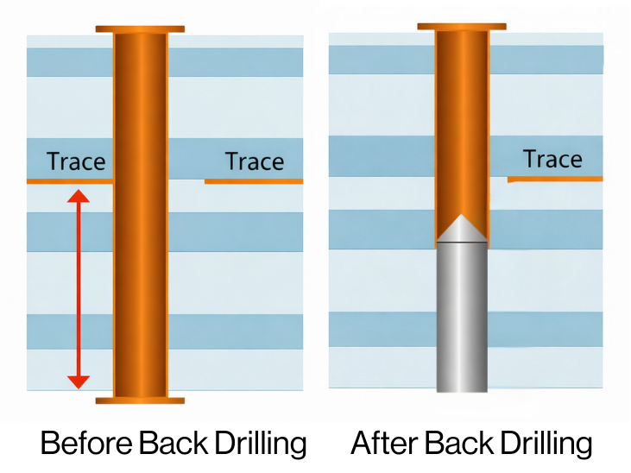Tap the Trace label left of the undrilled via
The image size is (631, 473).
pos(76,161)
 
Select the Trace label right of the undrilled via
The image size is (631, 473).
pos(255,161)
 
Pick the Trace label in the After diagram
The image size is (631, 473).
pos(552,160)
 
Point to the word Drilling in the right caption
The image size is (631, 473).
pos(546,444)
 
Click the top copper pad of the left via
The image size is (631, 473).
pos(140,29)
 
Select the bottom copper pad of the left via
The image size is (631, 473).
pos(140,400)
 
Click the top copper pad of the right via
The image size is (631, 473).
pos(462,27)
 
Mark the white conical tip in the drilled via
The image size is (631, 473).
pos(462,228)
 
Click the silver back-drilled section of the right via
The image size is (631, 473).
pos(462,319)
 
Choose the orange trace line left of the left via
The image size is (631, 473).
pos(69,181)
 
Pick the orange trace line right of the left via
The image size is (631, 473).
pos(254,181)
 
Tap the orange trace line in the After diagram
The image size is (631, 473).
pos(555,179)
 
